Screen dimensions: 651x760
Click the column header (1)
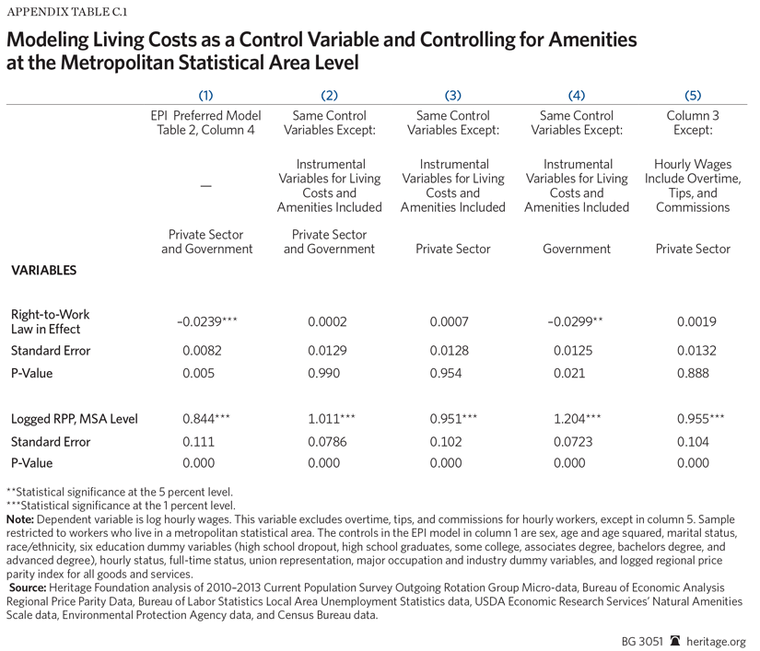click(x=205, y=95)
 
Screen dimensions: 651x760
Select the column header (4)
click(x=577, y=95)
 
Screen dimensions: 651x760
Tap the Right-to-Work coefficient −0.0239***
click(x=206, y=322)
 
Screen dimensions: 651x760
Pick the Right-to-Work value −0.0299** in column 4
click(x=577, y=322)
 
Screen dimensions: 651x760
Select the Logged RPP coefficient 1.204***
click(x=577, y=419)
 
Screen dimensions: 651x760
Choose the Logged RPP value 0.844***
click(x=206, y=419)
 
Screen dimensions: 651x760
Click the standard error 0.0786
click(x=330, y=442)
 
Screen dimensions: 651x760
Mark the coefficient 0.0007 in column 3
click(x=453, y=322)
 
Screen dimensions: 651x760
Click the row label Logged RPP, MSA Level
click(x=74, y=419)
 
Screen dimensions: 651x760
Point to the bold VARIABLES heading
click(x=43, y=271)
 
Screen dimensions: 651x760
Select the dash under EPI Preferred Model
click(x=205, y=186)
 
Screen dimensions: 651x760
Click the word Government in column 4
click(x=577, y=249)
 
